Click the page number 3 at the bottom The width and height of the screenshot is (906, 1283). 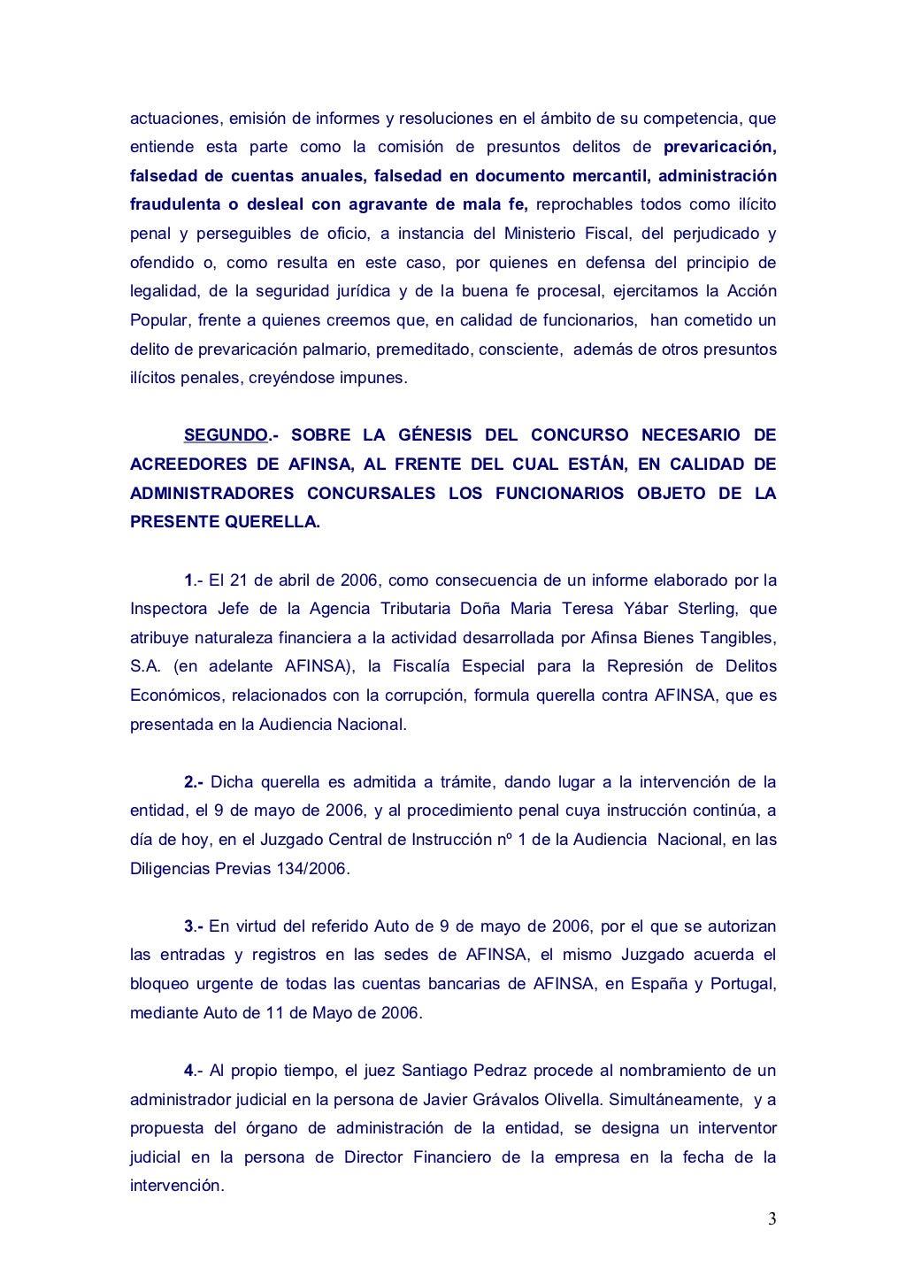pyautogui.click(x=772, y=1220)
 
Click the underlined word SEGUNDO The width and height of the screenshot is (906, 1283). pyautogui.click(x=225, y=435)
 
